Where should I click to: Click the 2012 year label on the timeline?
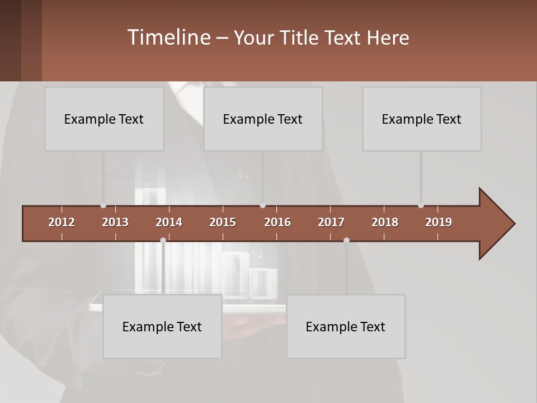click(x=62, y=222)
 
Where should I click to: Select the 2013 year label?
click(x=115, y=222)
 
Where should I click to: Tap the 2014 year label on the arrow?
click(x=169, y=222)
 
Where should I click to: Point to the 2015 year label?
click(x=223, y=222)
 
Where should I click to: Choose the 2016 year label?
click(x=277, y=222)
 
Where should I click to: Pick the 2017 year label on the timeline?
click(x=331, y=222)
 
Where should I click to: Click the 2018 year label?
click(x=385, y=222)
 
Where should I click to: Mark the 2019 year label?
click(x=439, y=222)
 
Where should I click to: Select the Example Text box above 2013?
click(x=104, y=119)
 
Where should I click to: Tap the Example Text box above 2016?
click(x=263, y=119)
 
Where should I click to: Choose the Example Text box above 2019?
click(x=422, y=119)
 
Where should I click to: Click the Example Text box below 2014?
click(x=162, y=326)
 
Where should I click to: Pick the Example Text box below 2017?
click(x=346, y=326)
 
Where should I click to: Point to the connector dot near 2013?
click(x=103, y=205)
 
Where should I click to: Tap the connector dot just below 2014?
click(x=163, y=240)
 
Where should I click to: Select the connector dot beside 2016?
click(x=262, y=205)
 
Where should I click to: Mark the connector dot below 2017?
click(x=346, y=240)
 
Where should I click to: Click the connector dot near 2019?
click(x=421, y=205)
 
